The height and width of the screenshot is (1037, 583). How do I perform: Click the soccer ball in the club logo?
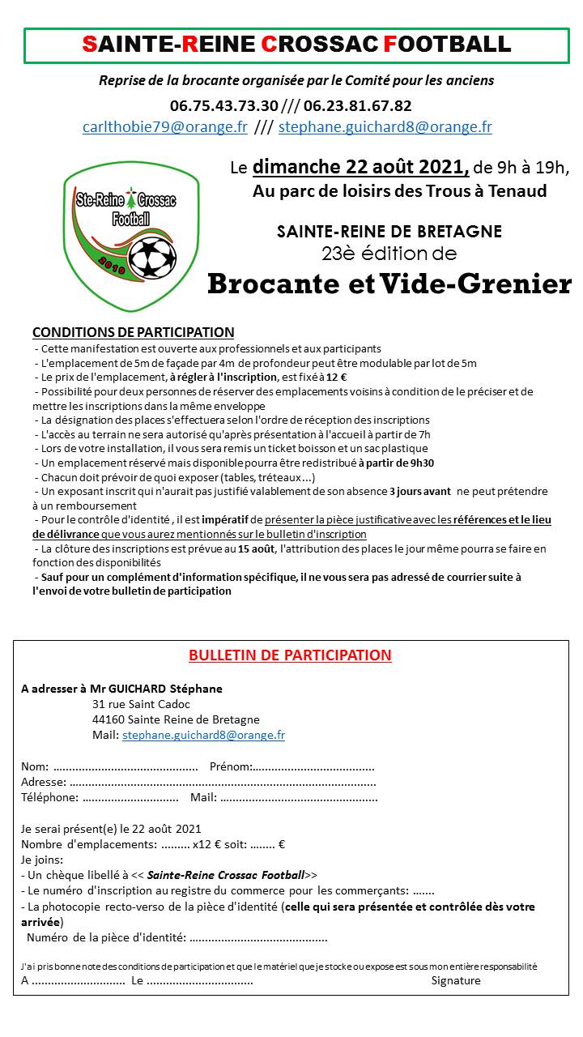coord(152,256)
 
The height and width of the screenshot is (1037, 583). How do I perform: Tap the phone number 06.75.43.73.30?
coord(224,105)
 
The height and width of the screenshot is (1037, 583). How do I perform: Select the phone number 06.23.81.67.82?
coord(357,105)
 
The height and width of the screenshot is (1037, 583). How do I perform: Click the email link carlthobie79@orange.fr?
coord(165,126)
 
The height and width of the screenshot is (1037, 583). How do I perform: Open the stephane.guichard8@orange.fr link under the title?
coord(385,126)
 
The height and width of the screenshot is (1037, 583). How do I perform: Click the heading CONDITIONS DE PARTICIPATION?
coord(133,332)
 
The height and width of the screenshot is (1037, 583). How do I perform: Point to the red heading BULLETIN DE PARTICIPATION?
coord(290,655)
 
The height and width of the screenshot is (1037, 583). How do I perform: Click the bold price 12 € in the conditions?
coord(338,377)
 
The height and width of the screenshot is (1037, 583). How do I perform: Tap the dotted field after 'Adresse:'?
coord(223,783)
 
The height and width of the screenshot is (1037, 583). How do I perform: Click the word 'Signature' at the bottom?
coord(456,980)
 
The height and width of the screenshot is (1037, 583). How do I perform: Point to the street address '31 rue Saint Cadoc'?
coord(142,704)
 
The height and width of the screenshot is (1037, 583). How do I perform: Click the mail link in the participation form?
coord(203,735)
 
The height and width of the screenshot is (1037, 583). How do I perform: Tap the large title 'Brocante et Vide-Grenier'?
coord(389,284)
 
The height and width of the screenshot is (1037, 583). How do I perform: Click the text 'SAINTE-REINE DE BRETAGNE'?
coord(389,232)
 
